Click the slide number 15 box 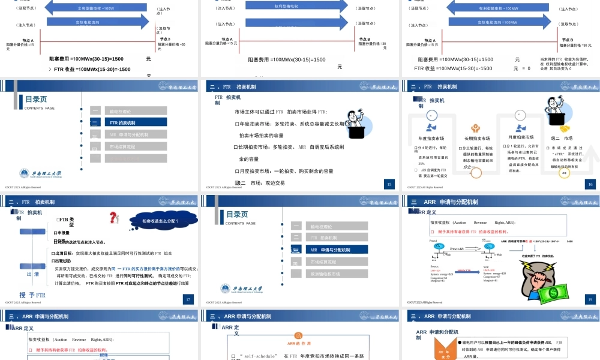(389, 184)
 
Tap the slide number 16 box (590, 184)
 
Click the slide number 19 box (590, 299)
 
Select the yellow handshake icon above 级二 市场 (564, 128)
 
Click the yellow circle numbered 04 (564, 173)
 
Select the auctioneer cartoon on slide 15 (360, 123)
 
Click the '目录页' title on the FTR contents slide (36, 100)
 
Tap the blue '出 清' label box (32, 274)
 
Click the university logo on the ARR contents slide (242, 289)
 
